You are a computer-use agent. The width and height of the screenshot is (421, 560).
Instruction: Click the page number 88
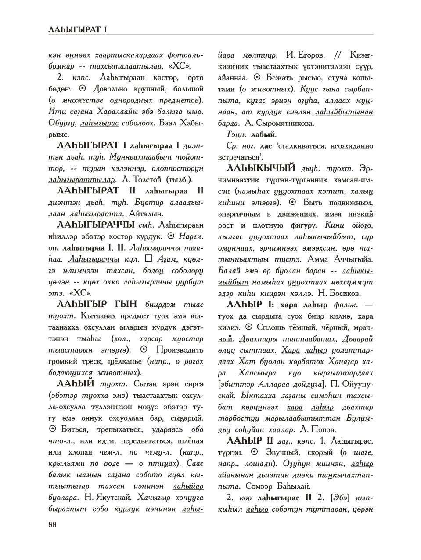53,524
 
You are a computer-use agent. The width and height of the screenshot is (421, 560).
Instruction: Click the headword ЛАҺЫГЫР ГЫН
97,304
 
